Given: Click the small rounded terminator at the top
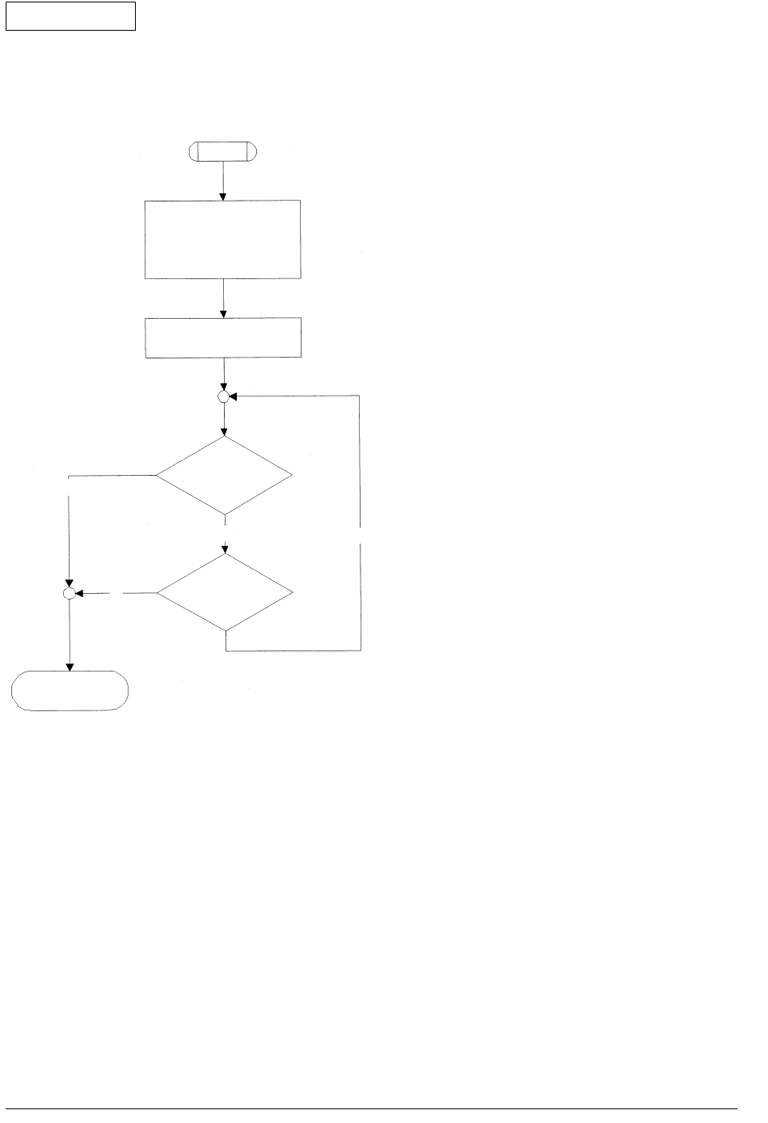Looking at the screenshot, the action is click(222, 151).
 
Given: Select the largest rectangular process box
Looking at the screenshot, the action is click(222, 239).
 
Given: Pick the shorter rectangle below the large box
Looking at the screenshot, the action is click(222, 338).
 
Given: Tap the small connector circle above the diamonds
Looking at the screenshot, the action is click(224, 396).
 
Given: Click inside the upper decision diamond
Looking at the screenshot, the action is click(224, 476).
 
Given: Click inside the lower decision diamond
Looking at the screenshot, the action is click(225, 593).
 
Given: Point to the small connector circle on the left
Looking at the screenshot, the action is click(70, 594).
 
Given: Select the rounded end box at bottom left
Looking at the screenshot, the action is click(70, 691).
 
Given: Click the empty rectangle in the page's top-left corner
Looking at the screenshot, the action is click(70, 15).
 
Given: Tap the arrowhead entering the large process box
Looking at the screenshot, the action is click(222, 196).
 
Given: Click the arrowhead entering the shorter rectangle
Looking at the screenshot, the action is click(222, 314).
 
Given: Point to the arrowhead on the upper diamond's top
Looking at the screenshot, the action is click(224, 433).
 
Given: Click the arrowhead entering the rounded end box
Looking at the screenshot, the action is click(70, 667).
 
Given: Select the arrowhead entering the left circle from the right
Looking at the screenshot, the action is click(80, 594).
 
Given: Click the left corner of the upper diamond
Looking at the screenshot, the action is click(156, 476).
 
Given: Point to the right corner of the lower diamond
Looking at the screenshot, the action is click(293, 593).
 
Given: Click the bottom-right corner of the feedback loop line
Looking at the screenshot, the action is click(361, 650).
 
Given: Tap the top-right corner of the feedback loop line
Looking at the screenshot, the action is click(361, 396).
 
